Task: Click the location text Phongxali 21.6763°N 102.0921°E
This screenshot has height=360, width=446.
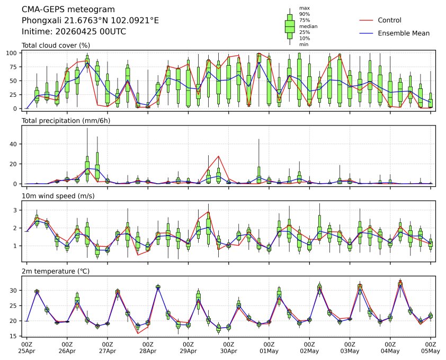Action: tap(90, 21)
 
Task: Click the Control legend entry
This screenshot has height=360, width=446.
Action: tap(389, 20)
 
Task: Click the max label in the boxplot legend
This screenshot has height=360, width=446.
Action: tap(304, 8)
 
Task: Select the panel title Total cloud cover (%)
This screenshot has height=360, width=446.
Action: tap(56, 45)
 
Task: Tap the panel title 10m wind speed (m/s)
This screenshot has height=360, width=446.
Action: tap(60, 196)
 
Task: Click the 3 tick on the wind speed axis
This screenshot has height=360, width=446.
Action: tap(17, 210)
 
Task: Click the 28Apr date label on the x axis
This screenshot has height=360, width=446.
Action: tap(148, 350)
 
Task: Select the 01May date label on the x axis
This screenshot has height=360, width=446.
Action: tap(269, 350)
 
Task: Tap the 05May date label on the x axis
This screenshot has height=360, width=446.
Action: tap(431, 350)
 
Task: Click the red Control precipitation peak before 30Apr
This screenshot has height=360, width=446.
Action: tap(219, 156)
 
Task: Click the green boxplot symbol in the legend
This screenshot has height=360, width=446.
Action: tap(290, 25)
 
